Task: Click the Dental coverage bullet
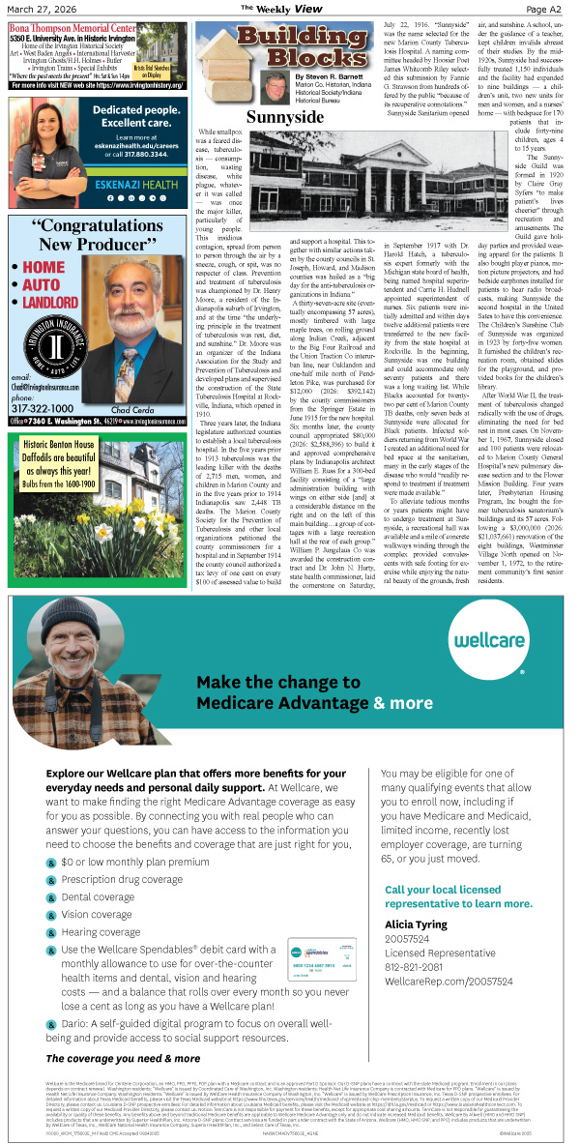pos(97,896)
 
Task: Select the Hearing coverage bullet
pos(101,932)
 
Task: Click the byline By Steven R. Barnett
pos(332,75)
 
